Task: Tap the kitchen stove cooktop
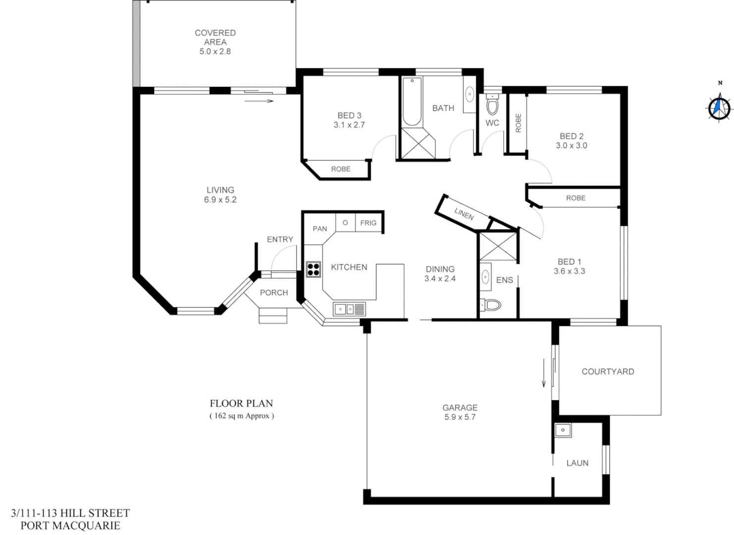point(313,269)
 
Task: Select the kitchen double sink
point(349,309)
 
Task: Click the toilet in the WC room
point(492,106)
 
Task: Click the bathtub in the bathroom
point(412,102)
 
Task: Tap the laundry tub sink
point(563,430)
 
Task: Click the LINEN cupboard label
point(464,214)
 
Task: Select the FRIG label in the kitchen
point(368,223)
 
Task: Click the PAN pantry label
point(320,228)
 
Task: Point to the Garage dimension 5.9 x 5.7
point(460,417)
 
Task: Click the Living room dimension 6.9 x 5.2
point(221,200)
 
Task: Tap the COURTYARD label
point(608,372)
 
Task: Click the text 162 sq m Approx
point(241,416)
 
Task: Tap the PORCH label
point(274,293)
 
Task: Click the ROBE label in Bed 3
point(340,169)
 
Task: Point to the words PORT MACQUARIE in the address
point(70,526)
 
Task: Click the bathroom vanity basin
point(469,94)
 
